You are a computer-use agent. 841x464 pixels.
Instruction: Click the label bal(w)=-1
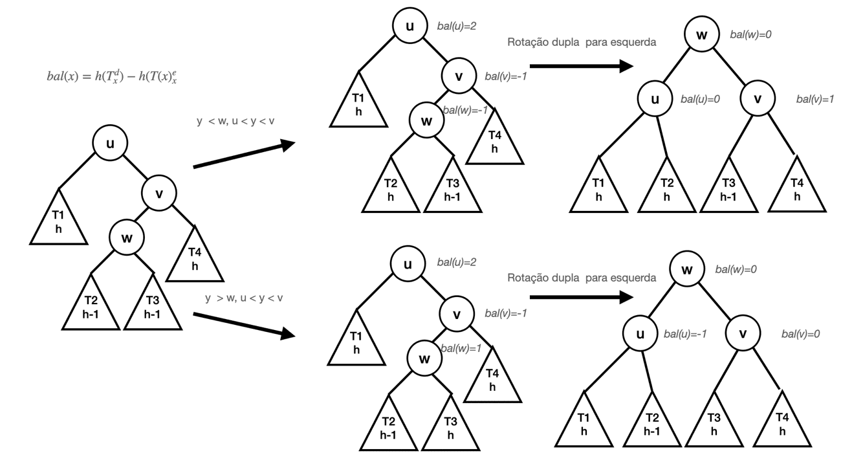[466, 112]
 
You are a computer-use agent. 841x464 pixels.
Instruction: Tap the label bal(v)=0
[801, 335]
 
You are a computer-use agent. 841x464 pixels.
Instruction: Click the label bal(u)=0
[700, 100]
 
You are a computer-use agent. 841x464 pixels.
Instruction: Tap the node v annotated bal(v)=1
[758, 100]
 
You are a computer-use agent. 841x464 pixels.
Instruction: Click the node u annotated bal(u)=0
[655, 100]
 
